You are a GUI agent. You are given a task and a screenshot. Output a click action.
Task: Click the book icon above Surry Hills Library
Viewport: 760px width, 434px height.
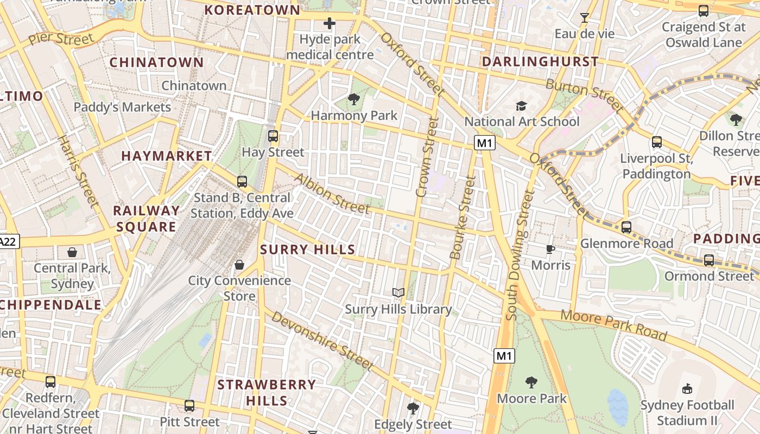click(398, 293)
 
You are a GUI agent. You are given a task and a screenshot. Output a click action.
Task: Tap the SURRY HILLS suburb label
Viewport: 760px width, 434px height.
click(307, 250)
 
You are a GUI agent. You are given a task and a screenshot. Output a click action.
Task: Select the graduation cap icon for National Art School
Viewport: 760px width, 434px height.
click(521, 106)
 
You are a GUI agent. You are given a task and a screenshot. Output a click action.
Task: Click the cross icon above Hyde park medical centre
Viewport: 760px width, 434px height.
click(330, 23)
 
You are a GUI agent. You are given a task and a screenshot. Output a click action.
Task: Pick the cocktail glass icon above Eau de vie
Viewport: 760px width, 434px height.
click(584, 18)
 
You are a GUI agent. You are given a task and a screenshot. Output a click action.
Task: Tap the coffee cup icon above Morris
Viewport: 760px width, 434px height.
click(550, 249)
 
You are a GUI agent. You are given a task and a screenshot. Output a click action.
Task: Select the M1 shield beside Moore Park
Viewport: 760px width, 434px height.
click(504, 356)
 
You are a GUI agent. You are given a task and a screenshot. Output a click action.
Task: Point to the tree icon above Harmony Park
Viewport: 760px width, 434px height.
click(354, 99)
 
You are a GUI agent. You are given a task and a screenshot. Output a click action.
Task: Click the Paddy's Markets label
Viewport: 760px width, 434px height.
click(122, 107)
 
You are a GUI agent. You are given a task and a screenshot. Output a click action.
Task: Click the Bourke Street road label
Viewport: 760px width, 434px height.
click(463, 217)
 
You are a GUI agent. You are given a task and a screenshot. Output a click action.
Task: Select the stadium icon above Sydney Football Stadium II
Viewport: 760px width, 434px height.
click(687, 388)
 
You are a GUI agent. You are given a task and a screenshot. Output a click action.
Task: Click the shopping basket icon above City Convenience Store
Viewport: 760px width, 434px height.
click(239, 265)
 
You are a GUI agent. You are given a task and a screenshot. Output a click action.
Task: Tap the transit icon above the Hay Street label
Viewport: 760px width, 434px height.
click(273, 136)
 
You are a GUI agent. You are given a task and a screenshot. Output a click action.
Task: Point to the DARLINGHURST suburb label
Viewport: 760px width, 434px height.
click(540, 61)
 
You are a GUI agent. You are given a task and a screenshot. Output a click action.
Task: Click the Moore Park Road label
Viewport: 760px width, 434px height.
click(613, 325)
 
